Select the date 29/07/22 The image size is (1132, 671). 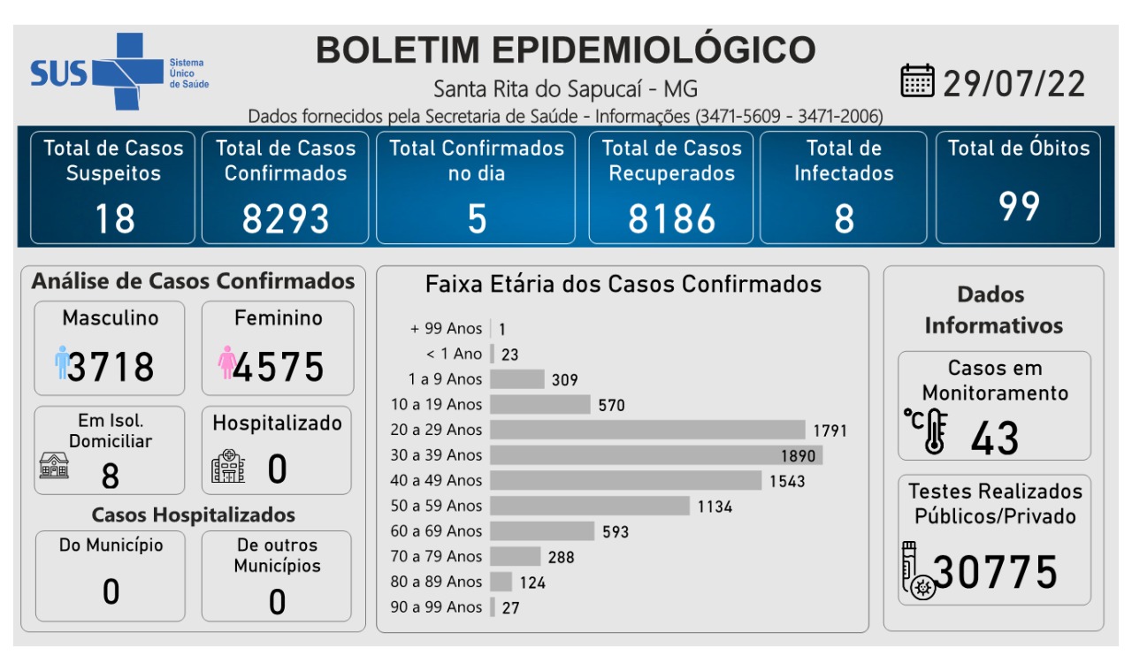click(1013, 83)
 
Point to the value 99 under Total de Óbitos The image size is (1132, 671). click(1019, 207)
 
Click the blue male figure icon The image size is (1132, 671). click(62, 362)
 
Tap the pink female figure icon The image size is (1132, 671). click(226, 362)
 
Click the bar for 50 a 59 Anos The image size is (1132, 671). click(590, 506)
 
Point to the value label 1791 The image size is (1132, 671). click(830, 431)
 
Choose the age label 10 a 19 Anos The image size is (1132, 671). click(437, 405)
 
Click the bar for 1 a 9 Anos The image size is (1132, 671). click(517, 379)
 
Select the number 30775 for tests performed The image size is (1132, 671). click(996, 572)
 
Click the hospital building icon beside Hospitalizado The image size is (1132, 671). click(228, 467)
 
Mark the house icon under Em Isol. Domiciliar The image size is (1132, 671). click(54, 465)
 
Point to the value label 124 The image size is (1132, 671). click(532, 583)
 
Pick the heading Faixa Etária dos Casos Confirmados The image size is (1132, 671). click(623, 285)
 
